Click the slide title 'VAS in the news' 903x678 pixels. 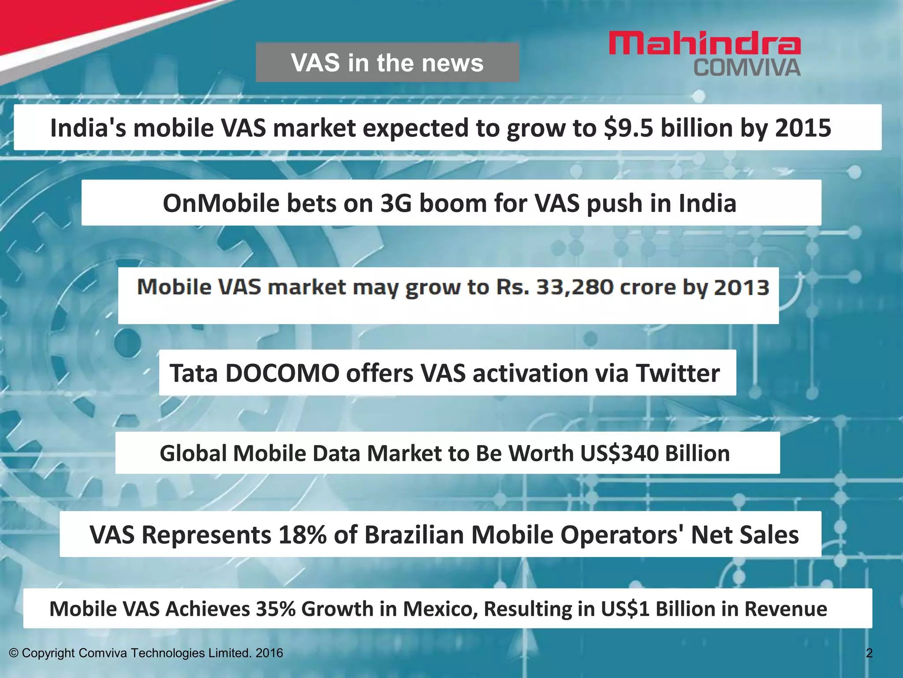coord(387,63)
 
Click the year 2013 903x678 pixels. coord(742,287)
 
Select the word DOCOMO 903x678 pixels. coord(282,373)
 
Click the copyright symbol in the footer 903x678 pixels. coord(14,653)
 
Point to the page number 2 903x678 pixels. coord(869,653)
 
